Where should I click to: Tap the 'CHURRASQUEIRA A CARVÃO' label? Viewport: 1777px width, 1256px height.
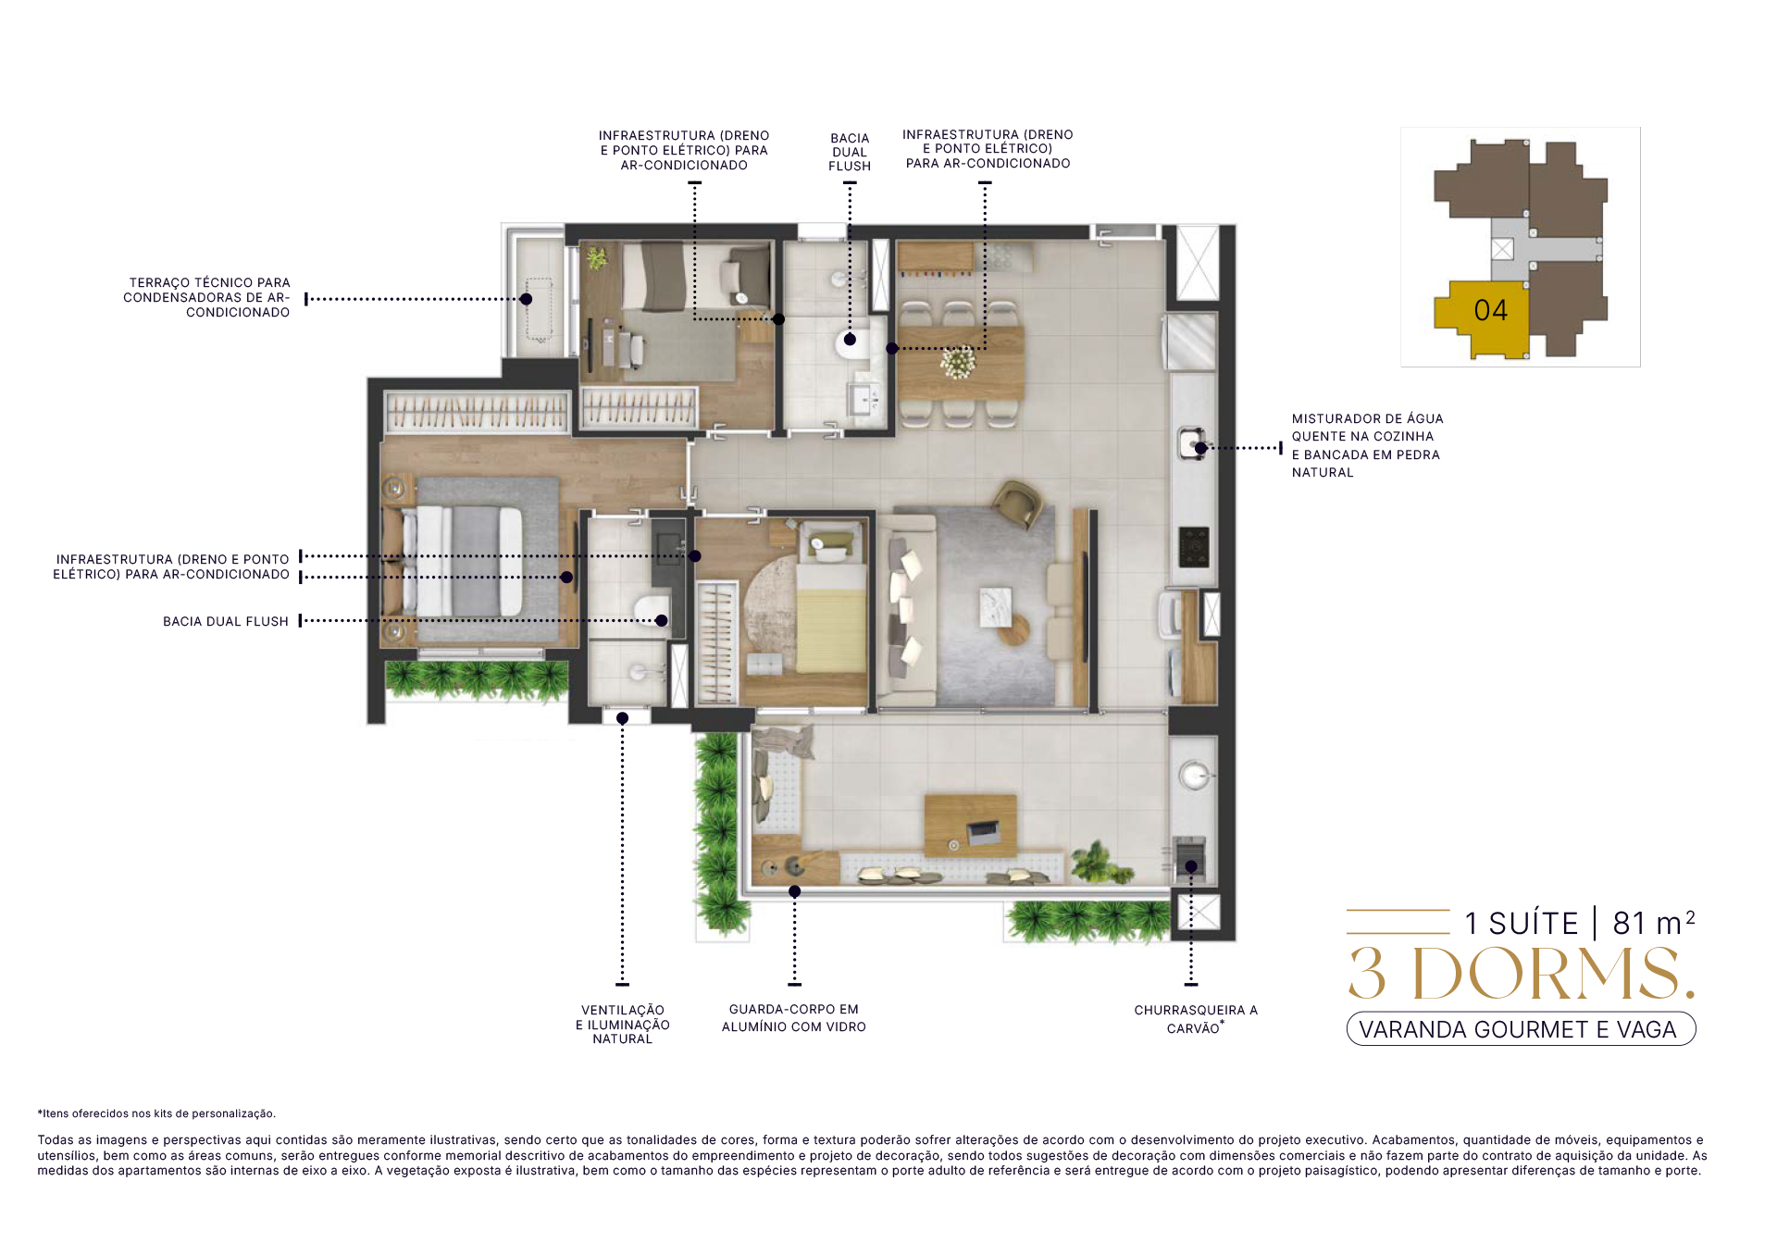coord(1196,1019)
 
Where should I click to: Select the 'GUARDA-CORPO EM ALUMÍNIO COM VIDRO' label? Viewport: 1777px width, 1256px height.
coord(794,1018)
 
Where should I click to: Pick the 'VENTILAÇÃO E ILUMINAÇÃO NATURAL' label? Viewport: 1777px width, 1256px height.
coord(623,1025)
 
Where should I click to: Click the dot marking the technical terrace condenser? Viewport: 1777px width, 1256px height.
coord(526,299)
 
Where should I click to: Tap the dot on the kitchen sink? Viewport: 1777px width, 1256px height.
coord(1200,448)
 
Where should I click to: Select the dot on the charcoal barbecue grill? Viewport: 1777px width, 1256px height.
coord(1191,867)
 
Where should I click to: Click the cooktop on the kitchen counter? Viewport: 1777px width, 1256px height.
coord(1194,546)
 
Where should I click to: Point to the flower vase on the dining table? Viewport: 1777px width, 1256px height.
coord(958,361)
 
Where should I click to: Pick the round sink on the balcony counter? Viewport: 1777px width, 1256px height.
coord(1194,775)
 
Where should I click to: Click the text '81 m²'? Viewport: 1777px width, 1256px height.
coord(1654,923)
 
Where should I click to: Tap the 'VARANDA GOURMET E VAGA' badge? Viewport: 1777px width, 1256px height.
coord(1521,1029)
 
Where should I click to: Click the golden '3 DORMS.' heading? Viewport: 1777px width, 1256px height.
coord(1522,975)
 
